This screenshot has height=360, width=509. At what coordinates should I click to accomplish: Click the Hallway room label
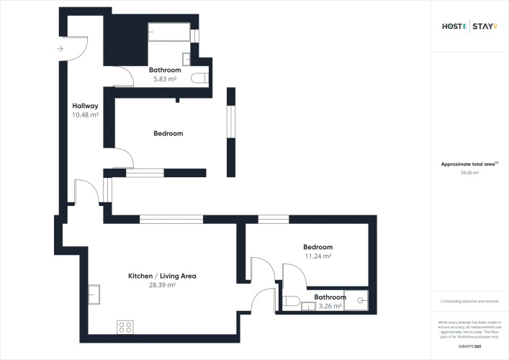(85, 106)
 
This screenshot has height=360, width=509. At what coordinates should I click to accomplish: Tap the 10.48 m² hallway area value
(85, 114)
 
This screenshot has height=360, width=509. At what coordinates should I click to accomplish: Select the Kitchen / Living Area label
(162, 276)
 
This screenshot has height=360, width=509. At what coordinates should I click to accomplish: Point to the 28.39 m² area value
(162, 285)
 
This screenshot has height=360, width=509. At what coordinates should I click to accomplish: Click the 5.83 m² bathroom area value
(165, 78)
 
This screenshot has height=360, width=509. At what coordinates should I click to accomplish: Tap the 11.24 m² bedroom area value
(317, 256)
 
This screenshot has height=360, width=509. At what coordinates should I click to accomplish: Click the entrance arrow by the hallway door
(58, 49)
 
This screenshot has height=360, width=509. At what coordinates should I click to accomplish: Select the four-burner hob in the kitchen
(125, 328)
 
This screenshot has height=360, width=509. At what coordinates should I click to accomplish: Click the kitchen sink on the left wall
(95, 294)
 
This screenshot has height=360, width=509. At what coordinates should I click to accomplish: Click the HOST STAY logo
(469, 27)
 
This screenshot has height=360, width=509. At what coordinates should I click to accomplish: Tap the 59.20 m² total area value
(469, 174)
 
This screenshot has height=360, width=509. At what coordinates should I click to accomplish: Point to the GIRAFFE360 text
(469, 348)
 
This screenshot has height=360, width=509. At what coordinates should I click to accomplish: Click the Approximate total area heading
(468, 164)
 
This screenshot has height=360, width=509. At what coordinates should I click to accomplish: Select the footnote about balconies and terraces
(469, 301)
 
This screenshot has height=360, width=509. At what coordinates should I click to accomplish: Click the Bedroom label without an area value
(168, 133)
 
